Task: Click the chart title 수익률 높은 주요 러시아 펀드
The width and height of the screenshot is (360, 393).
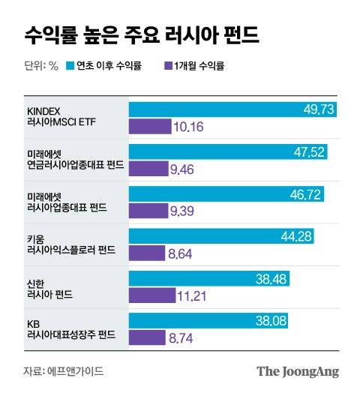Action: pos(143,34)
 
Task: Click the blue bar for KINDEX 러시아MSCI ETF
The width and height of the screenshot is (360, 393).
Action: pos(232,109)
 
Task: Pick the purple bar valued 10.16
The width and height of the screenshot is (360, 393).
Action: pos(149,127)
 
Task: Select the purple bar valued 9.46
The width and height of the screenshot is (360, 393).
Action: pos(148,169)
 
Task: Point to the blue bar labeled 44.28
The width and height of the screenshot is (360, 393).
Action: pos(221,236)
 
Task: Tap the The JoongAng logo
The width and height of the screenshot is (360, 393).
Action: pos(298,370)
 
